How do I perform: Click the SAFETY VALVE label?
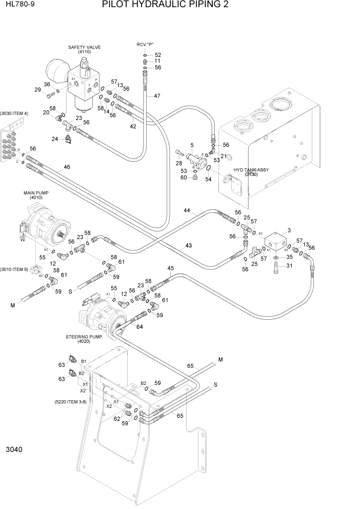tap(85, 50)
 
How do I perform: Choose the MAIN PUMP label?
tap(32, 195)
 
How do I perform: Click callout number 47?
tap(157, 96)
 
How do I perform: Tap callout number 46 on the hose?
tap(67, 167)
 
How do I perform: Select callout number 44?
tap(187, 211)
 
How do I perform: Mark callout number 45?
tap(171, 268)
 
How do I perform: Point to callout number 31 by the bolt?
tap(289, 265)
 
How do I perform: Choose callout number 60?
tap(184, 178)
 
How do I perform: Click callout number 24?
tap(54, 139)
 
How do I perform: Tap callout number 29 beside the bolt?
tap(37, 90)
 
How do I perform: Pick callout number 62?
tap(117, 418)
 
